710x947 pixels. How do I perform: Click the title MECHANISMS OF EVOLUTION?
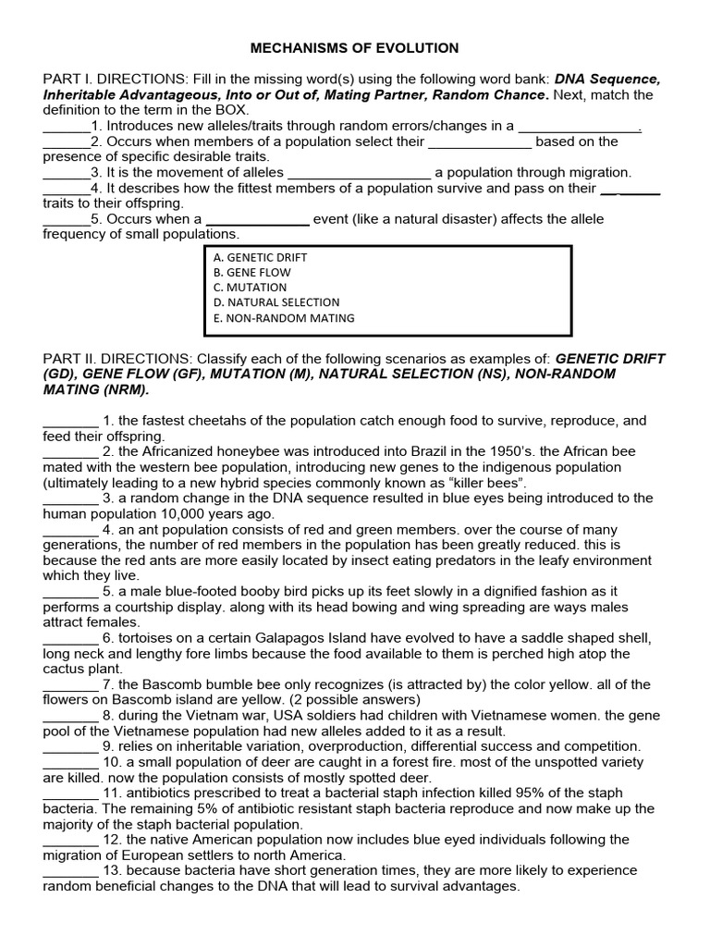point(356,48)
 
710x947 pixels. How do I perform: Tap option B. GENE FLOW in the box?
point(251,272)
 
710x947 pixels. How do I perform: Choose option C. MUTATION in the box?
point(249,287)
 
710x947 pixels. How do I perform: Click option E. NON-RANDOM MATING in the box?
point(283,318)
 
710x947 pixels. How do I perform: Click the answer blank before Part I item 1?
point(66,127)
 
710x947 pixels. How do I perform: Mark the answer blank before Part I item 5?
point(66,220)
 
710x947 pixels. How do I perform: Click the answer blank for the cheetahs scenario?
point(70,421)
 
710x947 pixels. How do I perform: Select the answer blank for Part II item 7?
point(70,684)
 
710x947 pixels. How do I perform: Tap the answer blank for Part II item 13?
point(70,871)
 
